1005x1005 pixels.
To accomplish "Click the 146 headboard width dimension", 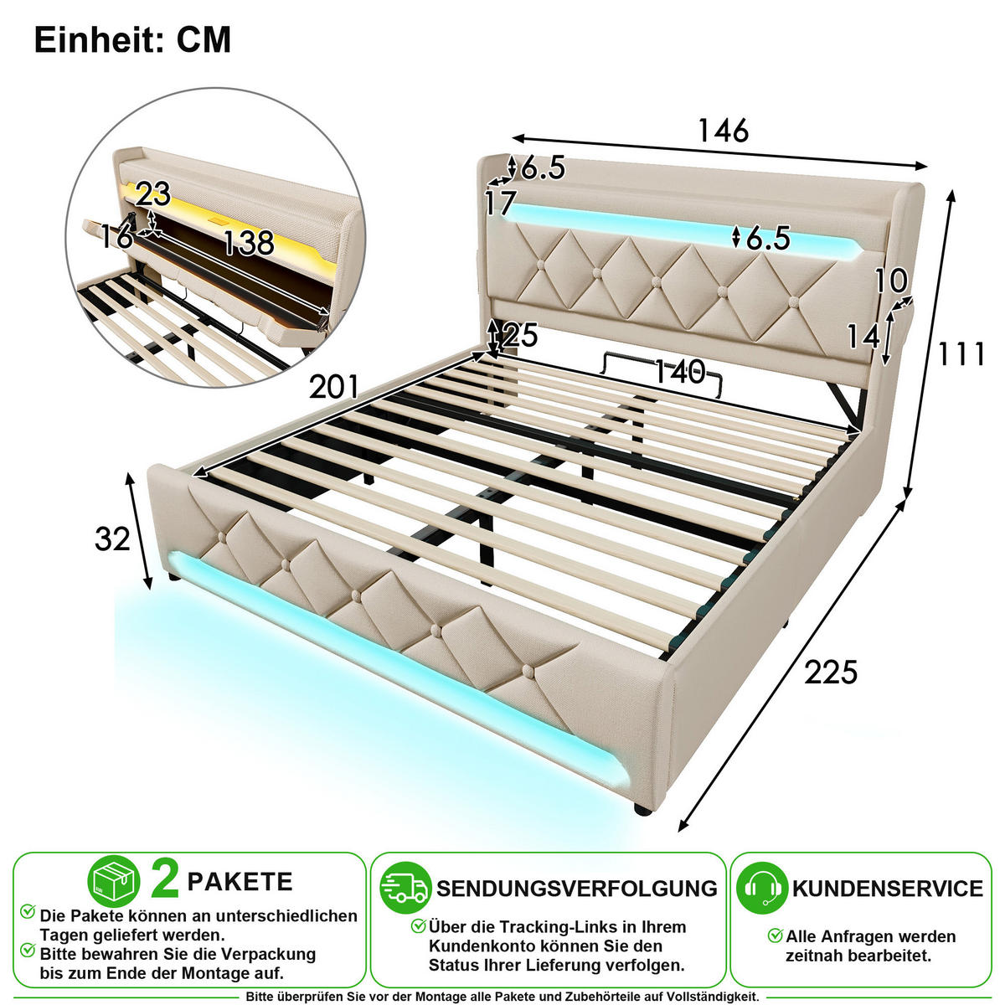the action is coord(724,131).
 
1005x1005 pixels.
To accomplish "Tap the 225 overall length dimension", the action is coord(831,673).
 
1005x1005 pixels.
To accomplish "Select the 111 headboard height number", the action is coord(961,354).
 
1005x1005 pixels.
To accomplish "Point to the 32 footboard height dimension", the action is coord(112,539).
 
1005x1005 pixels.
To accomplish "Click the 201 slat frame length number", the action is coord(334,387).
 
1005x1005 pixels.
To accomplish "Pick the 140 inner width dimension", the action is coord(679,373).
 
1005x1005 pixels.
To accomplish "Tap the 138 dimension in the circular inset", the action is coord(248,243).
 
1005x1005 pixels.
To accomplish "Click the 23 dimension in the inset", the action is coord(153,194).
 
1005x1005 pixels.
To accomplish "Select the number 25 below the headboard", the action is coord(519,335).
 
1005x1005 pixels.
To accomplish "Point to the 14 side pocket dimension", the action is coord(863,337).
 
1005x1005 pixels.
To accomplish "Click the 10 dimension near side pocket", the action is coord(891,281).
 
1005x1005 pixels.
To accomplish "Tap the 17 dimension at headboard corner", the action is coord(500,203).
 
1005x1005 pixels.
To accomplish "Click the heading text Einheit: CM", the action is coord(132,39).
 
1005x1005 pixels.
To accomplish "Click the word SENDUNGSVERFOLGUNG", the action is coord(577,889).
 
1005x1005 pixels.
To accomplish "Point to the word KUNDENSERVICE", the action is coord(888,889).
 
